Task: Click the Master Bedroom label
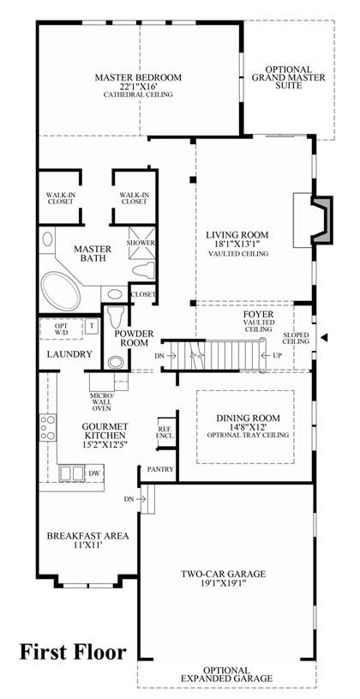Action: (138, 77)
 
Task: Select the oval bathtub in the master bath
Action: (60, 290)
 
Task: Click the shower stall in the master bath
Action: (141, 243)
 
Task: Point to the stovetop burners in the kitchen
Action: (48, 427)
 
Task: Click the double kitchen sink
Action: (72, 473)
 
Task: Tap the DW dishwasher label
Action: (94, 473)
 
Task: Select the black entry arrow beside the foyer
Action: (324, 337)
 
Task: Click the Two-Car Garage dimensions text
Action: (224, 582)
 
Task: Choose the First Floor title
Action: (73, 652)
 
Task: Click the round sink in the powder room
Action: (116, 362)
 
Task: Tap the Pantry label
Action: (161, 469)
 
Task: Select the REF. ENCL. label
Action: (165, 432)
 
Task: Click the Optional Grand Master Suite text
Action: (289, 77)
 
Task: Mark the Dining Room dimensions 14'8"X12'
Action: (249, 426)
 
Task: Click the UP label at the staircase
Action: (279, 355)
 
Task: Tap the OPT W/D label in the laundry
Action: (60, 328)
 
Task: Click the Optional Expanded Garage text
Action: (227, 674)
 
